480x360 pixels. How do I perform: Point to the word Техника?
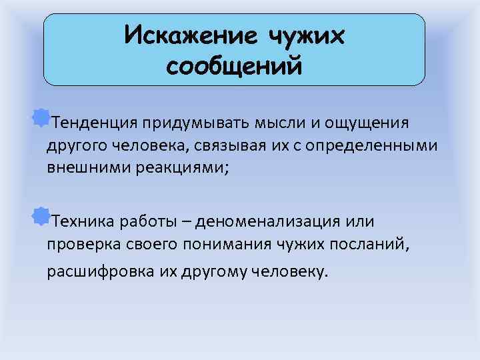79,221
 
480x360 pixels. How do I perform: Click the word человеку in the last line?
295,272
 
